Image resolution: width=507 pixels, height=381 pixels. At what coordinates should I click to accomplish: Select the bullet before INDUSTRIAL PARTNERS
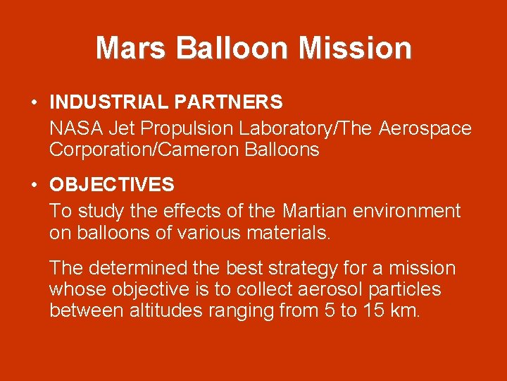click(35, 103)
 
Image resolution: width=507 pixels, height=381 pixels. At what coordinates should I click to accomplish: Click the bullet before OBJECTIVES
click(35, 186)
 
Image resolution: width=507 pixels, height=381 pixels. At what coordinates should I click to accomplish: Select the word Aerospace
click(425, 128)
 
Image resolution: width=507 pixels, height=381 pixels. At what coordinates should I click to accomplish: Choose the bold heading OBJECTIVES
click(111, 185)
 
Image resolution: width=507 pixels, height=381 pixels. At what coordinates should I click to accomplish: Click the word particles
click(408, 289)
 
